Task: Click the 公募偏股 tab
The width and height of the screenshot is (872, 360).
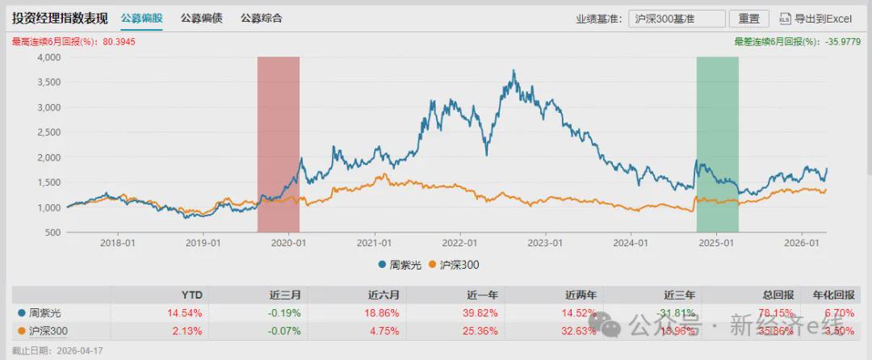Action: [141, 18]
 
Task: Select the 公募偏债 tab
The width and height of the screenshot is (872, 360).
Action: [202, 18]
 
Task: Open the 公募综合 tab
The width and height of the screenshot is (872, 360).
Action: [262, 18]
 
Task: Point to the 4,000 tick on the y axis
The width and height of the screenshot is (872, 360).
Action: [49, 57]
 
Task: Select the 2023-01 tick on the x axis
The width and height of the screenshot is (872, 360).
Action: [545, 242]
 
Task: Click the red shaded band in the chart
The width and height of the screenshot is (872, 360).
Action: [279, 145]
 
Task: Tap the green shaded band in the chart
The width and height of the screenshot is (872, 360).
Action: [718, 145]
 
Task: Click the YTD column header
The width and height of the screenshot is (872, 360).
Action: [191, 295]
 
